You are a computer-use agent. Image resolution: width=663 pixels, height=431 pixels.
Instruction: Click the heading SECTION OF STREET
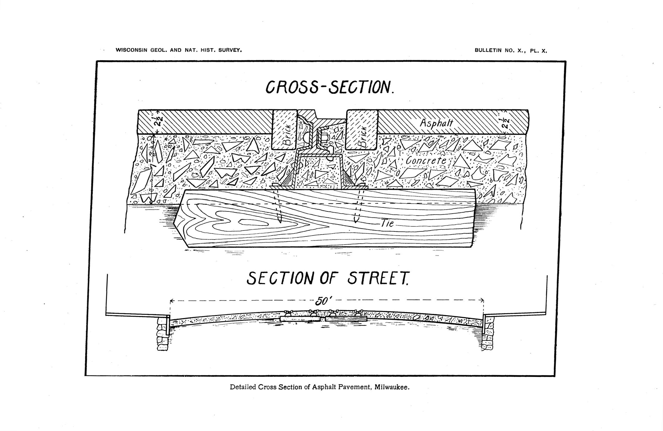[327, 278]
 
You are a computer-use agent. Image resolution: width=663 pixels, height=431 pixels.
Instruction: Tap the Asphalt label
[436, 123]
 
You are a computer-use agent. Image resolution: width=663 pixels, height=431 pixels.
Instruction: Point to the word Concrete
[426, 161]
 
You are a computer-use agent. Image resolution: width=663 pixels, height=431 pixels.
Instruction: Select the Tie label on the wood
[387, 223]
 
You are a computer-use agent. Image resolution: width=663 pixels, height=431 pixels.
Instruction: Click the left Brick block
[285, 130]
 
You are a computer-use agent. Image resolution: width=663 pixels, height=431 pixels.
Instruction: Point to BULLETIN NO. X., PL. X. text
[511, 50]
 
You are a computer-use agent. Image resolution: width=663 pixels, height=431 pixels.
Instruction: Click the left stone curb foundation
[162, 334]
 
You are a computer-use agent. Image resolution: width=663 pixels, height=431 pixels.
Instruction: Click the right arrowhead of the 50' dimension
[482, 300]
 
